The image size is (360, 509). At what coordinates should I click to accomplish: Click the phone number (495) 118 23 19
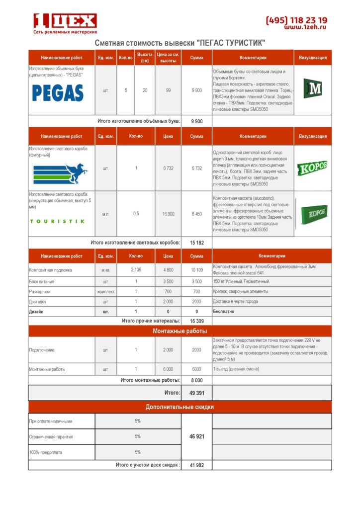pyautogui.click(x=296, y=20)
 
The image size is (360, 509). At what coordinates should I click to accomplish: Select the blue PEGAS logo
pyautogui.click(x=58, y=92)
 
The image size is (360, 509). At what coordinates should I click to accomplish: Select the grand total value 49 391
pyautogui.click(x=196, y=392)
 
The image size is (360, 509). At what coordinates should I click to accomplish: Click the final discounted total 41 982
pyautogui.click(x=196, y=465)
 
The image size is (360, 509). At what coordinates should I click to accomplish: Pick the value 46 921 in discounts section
pyautogui.click(x=196, y=436)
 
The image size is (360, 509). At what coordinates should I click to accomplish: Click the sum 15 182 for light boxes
pyautogui.click(x=196, y=243)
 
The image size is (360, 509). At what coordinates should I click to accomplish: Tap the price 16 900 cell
pyautogui.click(x=168, y=214)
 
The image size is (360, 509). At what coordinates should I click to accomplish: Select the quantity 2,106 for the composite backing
pyautogui.click(x=136, y=269)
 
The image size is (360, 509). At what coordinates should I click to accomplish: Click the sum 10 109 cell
pyautogui.click(x=196, y=270)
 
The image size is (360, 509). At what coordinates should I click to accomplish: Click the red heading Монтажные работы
pyautogui.click(x=180, y=331)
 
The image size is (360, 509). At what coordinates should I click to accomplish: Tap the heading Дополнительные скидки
pyautogui.click(x=180, y=407)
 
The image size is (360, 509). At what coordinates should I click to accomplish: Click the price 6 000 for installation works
pyautogui.click(x=168, y=369)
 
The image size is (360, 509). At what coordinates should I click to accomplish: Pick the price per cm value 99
pyautogui.click(x=168, y=90)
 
